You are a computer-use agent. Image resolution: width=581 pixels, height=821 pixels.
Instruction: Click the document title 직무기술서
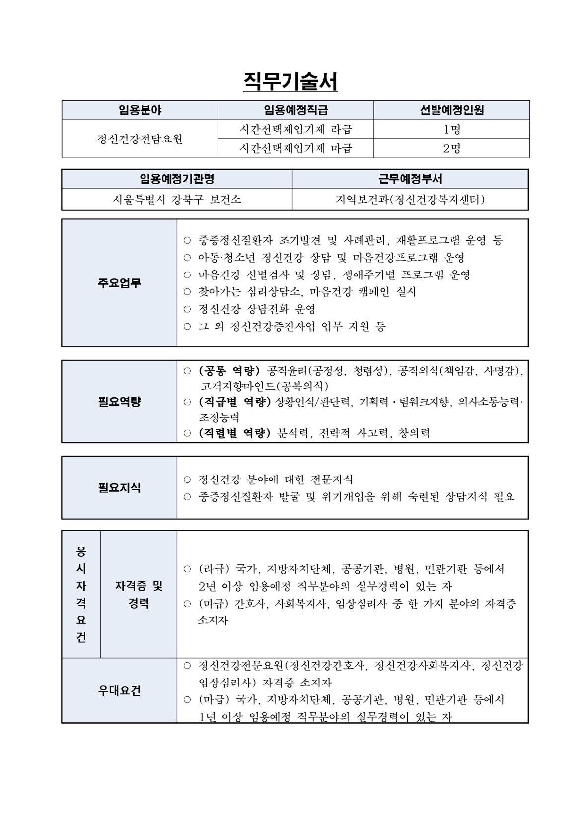290,81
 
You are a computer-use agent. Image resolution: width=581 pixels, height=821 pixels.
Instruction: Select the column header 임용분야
140,110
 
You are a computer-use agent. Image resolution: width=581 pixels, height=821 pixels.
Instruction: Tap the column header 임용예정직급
295,110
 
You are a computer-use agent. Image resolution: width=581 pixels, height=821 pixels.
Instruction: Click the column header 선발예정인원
451,110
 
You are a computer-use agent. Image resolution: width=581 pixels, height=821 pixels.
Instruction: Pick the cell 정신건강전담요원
140,139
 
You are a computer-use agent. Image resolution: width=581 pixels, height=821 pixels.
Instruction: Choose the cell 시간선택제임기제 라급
295,130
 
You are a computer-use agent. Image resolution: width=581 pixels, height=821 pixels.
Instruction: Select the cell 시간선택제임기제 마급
295,148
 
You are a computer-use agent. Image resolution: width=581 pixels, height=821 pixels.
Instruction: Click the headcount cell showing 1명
451,130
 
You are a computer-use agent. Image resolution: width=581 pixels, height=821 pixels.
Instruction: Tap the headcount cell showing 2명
451,148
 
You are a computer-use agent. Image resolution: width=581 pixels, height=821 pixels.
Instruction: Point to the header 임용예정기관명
177,179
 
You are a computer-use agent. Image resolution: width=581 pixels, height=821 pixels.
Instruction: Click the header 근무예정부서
410,179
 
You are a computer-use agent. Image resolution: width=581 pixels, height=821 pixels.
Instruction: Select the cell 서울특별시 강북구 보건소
177,200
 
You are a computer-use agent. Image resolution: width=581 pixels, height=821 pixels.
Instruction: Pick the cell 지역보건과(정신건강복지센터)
410,200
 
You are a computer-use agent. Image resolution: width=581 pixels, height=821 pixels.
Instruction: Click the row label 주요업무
119,283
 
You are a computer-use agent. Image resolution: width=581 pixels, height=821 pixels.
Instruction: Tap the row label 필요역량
119,402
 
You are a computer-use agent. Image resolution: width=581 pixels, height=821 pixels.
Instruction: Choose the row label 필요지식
119,488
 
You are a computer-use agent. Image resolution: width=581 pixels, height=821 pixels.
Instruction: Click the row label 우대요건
119,690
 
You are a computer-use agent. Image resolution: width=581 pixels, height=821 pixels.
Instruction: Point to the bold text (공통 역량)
229,371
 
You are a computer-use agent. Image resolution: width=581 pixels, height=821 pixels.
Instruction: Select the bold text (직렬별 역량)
234,433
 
